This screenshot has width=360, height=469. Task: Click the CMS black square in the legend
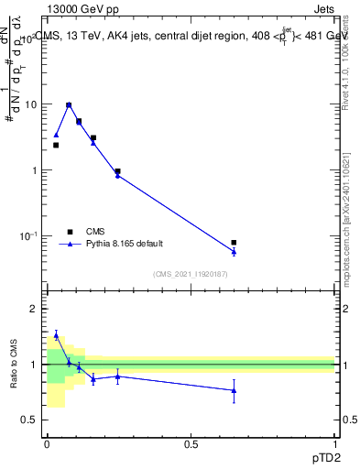coord(69,232)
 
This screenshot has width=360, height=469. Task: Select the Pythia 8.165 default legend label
coord(125,244)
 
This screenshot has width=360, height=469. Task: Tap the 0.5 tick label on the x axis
coord(191,444)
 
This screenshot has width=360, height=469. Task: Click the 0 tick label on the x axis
coord(47,444)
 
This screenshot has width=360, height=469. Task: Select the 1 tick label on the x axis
coord(335,444)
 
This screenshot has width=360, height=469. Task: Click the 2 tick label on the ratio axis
coord(33,309)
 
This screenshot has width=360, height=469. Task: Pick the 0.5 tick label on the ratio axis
coord(28,420)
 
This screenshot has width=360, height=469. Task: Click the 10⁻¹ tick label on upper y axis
coord(28,236)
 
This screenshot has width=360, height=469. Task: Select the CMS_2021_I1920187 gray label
coord(191,274)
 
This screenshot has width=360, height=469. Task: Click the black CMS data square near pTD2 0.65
coord(234,243)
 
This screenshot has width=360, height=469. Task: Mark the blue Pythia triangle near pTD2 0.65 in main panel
coord(234,251)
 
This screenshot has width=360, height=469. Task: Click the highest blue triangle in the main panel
coord(69,105)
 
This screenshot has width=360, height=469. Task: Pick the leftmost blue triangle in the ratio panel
coord(56,335)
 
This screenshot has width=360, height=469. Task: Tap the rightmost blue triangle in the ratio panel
coord(234,390)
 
